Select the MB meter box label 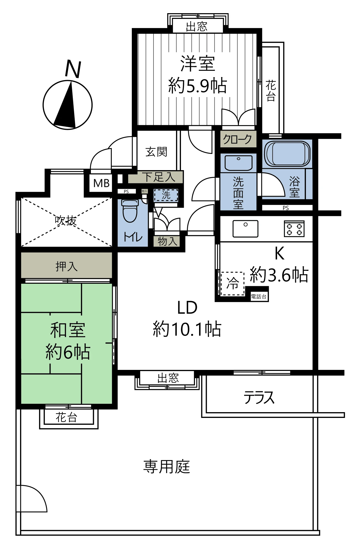tap(101, 183)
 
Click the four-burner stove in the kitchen tap(294, 229)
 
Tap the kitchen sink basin tap(245, 229)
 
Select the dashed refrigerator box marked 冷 tap(233, 283)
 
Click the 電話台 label tap(259, 297)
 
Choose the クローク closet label tap(238, 139)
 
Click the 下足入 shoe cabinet tap(156, 177)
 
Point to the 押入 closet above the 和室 tap(66, 266)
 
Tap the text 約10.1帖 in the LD tap(187, 329)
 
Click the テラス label tap(259, 398)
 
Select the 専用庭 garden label tap(166, 467)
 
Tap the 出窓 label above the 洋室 tap(197, 26)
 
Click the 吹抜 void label tap(66, 220)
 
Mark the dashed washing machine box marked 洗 tap(166, 195)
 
